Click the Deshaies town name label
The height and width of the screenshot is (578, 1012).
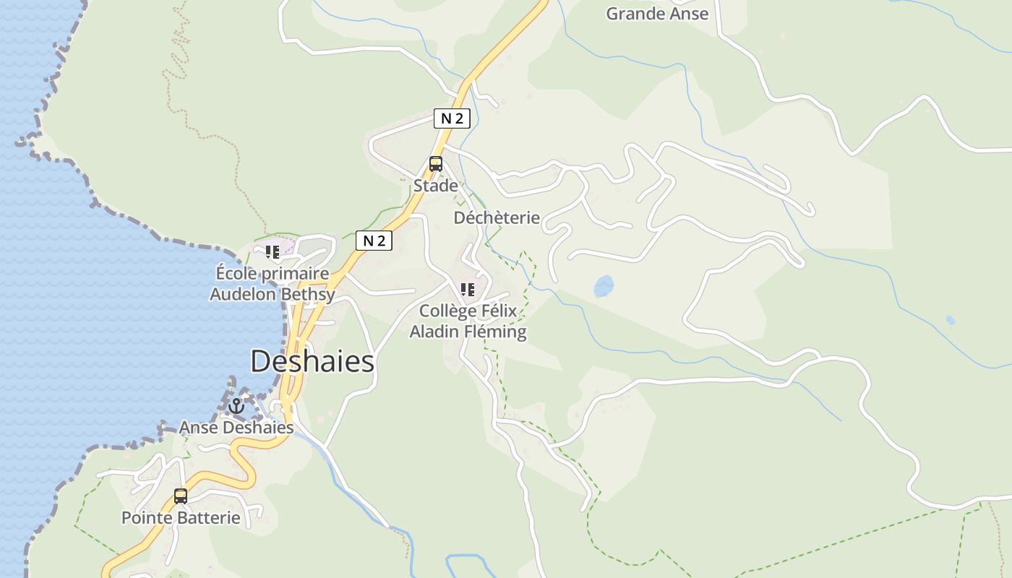[312, 361]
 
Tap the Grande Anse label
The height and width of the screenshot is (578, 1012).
[656, 13]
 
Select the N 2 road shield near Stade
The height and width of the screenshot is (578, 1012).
[452, 118]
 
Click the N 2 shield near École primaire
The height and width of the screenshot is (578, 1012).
[374, 241]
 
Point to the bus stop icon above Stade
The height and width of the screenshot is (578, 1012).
[435, 164]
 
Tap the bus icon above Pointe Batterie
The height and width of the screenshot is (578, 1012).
[181, 496]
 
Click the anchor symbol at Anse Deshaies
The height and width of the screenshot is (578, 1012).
[236, 406]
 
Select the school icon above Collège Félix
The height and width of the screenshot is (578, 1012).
[468, 290]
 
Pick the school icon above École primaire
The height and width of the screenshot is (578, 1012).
[273, 252]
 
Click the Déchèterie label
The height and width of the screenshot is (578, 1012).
[497, 217]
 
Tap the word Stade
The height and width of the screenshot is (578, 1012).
[435, 186]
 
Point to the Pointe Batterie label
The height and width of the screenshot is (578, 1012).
[181, 518]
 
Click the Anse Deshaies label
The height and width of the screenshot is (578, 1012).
[236, 428]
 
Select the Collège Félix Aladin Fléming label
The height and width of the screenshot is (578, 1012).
[468, 322]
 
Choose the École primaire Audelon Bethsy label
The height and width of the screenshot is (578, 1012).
[273, 284]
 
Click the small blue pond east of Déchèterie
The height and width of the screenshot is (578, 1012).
[604, 286]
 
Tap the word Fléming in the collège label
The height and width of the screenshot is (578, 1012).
[496, 332]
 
